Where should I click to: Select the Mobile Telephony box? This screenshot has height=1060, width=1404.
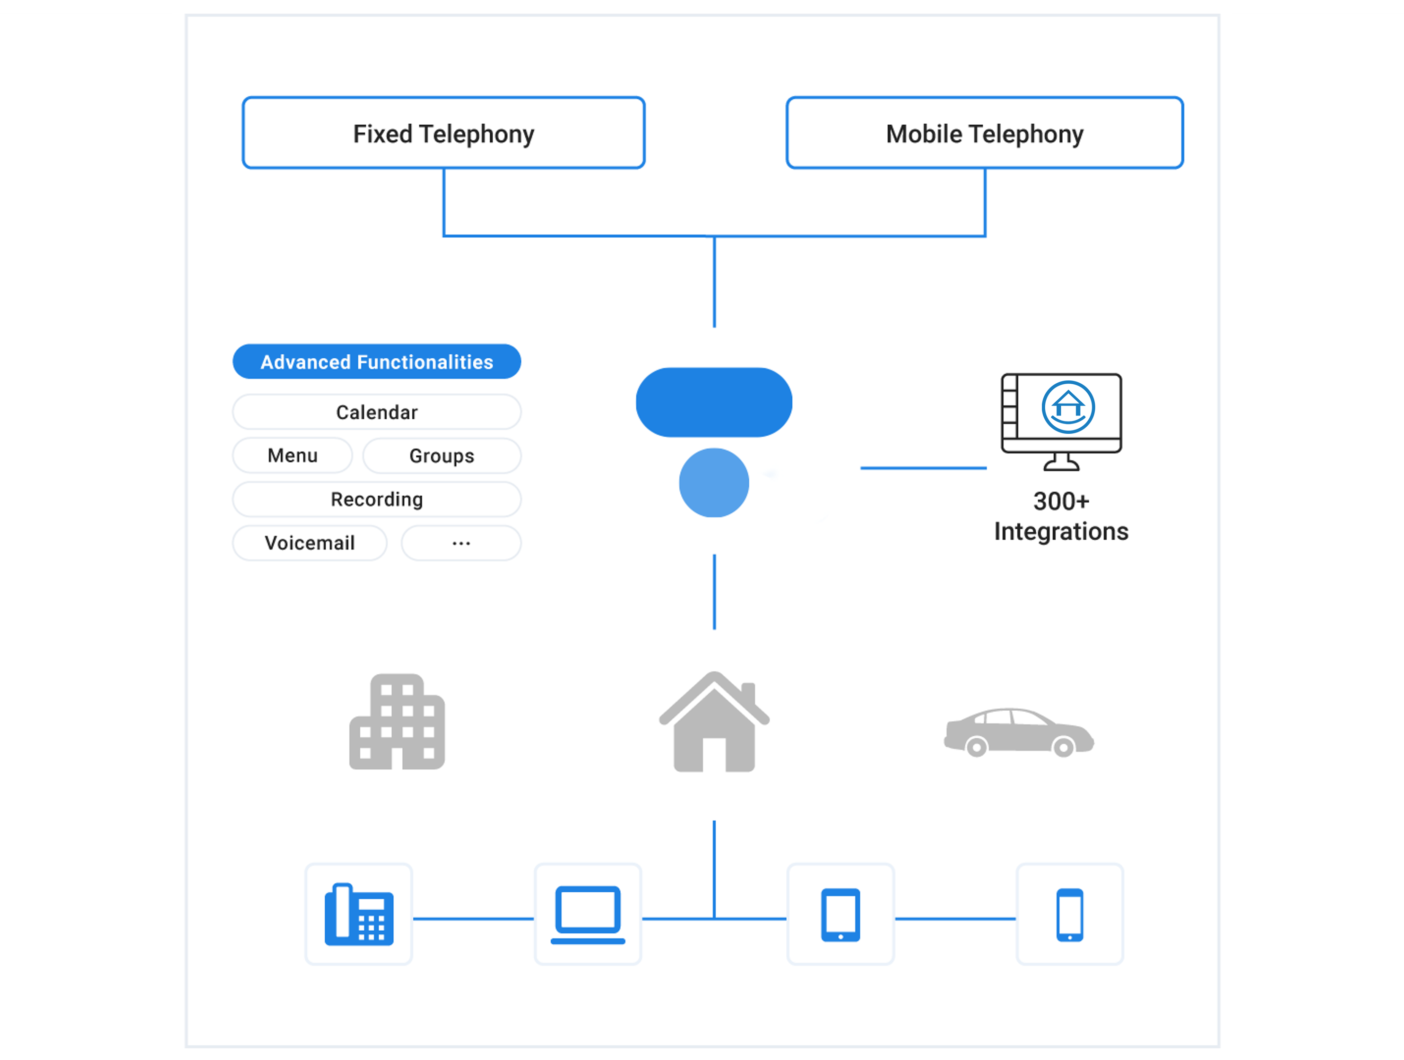[x=984, y=133]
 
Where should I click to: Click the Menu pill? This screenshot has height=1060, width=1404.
[x=293, y=456]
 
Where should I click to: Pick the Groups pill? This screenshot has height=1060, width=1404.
[x=442, y=456]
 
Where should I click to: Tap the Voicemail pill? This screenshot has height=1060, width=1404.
[x=310, y=543]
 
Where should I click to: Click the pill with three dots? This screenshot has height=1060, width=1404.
[x=461, y=543]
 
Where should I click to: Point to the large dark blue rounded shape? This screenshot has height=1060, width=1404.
[x=714, y=402]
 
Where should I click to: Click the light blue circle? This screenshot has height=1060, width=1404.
[x=714, y=483]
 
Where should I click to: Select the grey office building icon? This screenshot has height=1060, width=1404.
[x=398, y=722]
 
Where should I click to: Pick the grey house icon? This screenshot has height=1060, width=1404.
[x=714, y=723]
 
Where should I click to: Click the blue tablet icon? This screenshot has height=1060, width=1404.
[x=841, y=915]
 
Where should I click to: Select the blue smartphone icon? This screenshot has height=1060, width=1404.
[x=1069, y=915]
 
